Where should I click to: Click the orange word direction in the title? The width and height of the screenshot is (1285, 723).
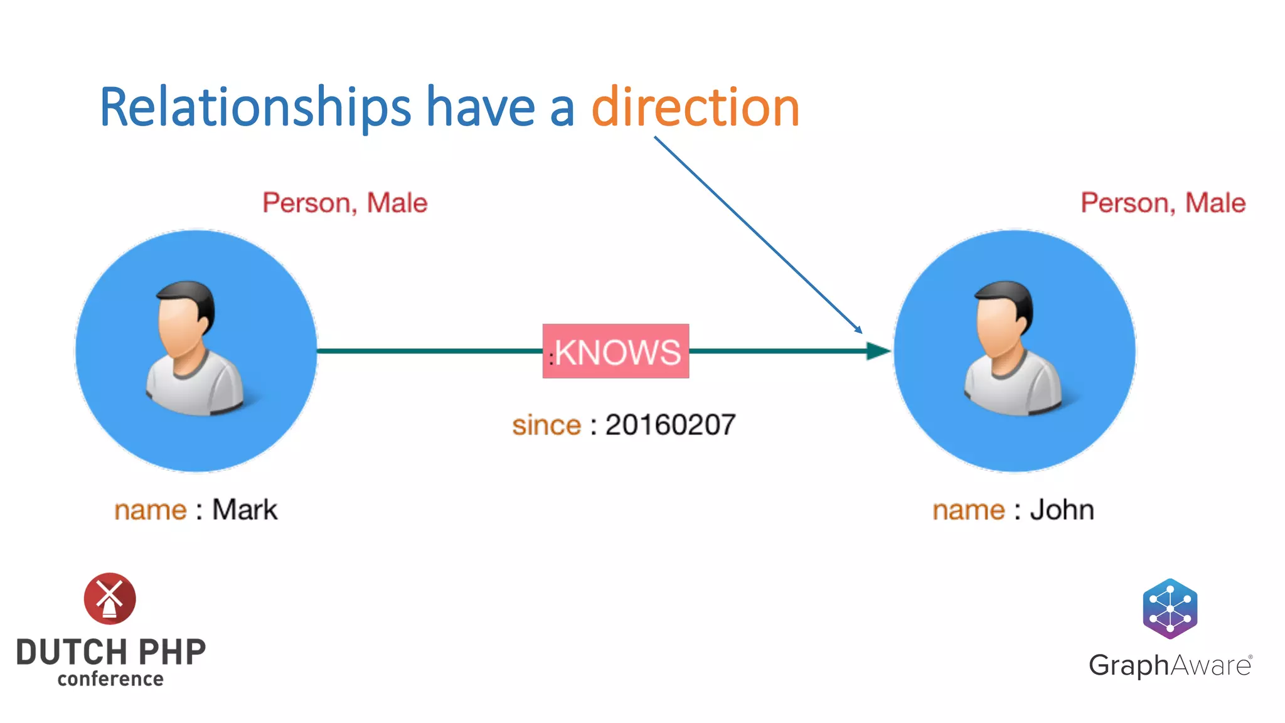click(x=695, y=108)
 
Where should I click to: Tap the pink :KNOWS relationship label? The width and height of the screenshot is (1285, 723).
click(x=616, y=351)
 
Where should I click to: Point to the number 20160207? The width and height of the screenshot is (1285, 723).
click(x=670, y=425)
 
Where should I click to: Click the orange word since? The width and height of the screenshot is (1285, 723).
click(x=547, y=426)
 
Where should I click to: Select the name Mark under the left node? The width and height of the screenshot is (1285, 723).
click(x=245, y=510)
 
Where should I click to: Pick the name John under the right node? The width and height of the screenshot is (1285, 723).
click(x=1062, y=510)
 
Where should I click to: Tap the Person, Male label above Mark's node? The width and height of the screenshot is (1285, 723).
click(x=344, y=203)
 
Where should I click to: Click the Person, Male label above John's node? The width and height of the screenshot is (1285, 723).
click(x=1163, y=203)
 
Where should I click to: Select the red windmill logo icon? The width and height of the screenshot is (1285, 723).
click(x=110, y=598)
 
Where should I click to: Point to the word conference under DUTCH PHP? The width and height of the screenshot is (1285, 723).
click(x=110, y=679)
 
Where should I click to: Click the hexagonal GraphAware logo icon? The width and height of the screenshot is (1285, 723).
click(x=1170, y=609)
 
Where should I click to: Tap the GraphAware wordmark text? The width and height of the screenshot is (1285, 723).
click(x=1170, y=665)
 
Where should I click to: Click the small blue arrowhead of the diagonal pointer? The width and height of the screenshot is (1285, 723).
click(x=858, y=329)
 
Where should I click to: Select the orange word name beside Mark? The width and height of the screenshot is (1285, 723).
click(x=151, y=510)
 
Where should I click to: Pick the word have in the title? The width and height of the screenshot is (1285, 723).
click(x=481, y=108)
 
